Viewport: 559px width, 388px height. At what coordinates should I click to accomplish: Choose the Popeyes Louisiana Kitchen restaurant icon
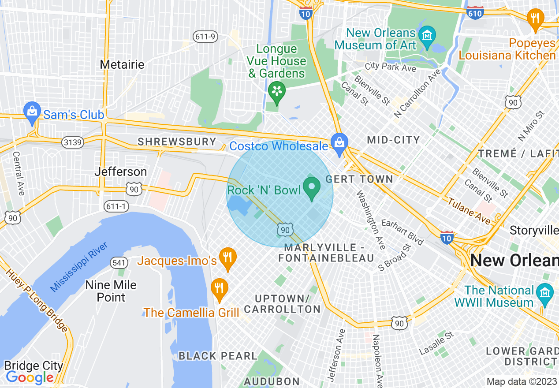click(x=535, y=19)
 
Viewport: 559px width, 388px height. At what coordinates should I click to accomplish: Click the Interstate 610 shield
click(x=475, y=13)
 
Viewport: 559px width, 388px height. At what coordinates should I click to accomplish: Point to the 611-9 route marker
click(x=205, y=37)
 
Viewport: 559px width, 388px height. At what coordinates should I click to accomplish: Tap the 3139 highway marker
click(x=72, y=142)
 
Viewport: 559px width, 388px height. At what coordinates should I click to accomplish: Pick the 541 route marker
click(x=119, y=263)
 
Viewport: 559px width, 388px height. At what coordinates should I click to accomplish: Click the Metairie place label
click(x=122, y=64)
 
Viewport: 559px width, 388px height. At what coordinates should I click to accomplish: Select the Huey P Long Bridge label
click(x=37, y=300)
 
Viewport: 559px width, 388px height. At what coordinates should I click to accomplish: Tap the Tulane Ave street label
click(x=469, y=210)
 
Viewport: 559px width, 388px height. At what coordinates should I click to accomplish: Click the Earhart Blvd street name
click(x=402, y=231)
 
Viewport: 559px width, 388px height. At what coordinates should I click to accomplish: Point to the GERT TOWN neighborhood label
click(x=359, y=179)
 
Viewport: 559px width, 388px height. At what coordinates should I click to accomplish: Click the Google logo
click(x=30, y=377)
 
